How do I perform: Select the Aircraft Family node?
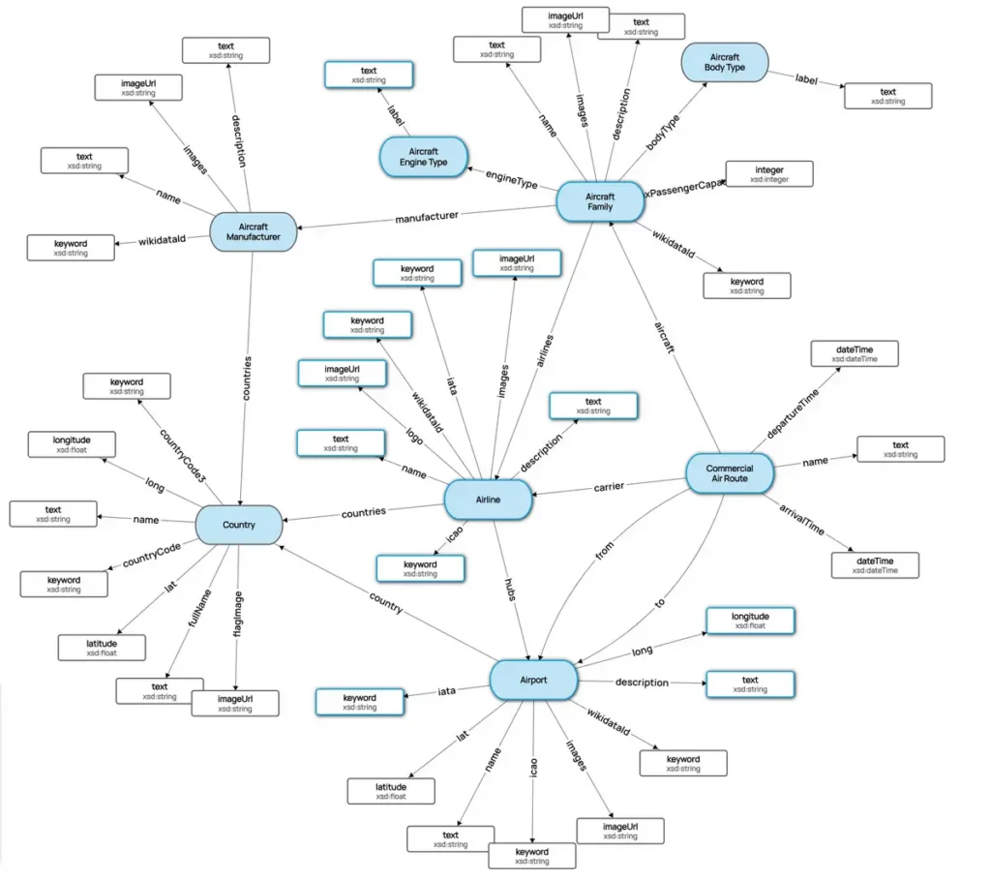tap(600, 202)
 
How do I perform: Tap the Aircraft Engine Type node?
tap(423, 158)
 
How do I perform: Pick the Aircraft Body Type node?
tap(724, 63)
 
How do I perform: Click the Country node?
tap(238, 525)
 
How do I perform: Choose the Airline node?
tap(488, 500)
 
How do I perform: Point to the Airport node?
tap(533, 680)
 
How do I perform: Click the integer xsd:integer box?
tap(769, 174)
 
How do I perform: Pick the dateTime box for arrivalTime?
tap(875, 565)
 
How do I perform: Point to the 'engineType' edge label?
tap(511, 179)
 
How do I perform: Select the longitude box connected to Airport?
tap(750, 620)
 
